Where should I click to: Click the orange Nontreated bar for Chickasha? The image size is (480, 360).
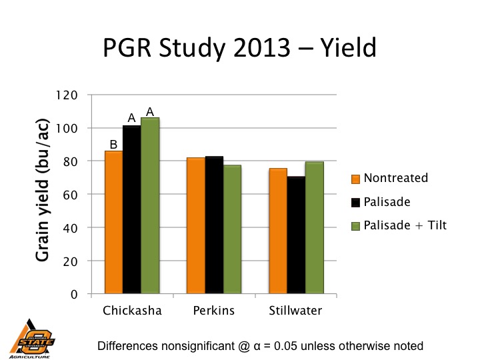[x=114, y=223]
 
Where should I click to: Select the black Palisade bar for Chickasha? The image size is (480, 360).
[x=131, y=210]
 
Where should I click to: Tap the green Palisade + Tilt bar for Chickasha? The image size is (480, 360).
[x=149, y=206]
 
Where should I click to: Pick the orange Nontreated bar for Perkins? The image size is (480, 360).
[x=196, y=226]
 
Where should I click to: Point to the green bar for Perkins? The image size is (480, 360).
[x=231, y=229]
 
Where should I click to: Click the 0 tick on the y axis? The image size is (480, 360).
[x=76, y=294]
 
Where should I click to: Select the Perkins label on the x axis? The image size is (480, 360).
[x=213, y=311]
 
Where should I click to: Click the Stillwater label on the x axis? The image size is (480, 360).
[x=295, y=311]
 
